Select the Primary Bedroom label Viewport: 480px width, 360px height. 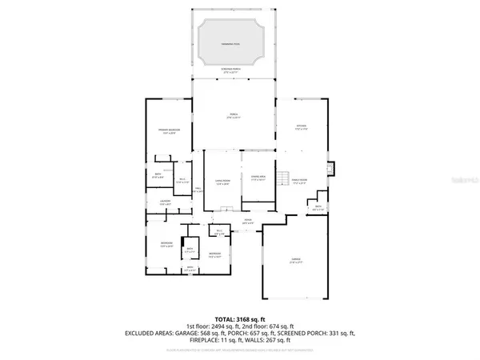click(168, 131)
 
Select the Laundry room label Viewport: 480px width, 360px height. click(166, 202)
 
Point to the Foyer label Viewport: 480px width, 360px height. click(248, 220)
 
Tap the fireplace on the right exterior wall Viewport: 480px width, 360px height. click(332, 169)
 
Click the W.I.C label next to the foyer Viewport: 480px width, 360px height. click(219, 233)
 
